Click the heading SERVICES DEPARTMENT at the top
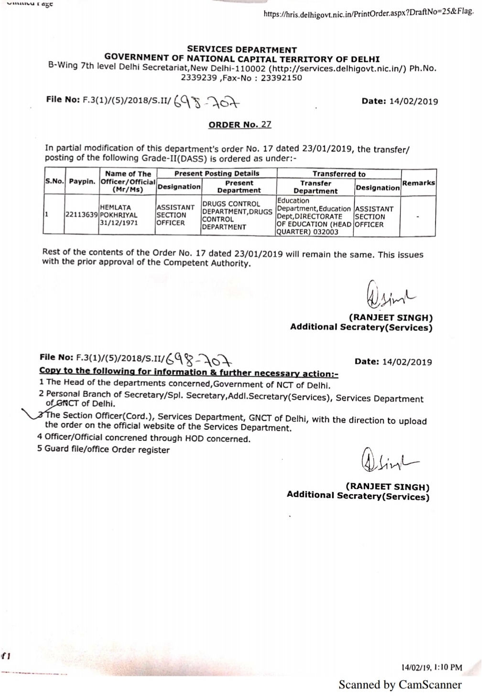tap(241, 50)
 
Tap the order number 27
tap(266, 124)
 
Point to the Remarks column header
tap(418, 183)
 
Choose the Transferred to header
tap(338, 174)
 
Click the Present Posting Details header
tap(217, 174)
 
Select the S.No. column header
tap(54, 182)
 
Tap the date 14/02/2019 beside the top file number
tap(413, 101)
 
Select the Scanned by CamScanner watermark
tap(400, 685)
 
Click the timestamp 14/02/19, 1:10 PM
tap(432, 667)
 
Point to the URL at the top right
tap(368, 12)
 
